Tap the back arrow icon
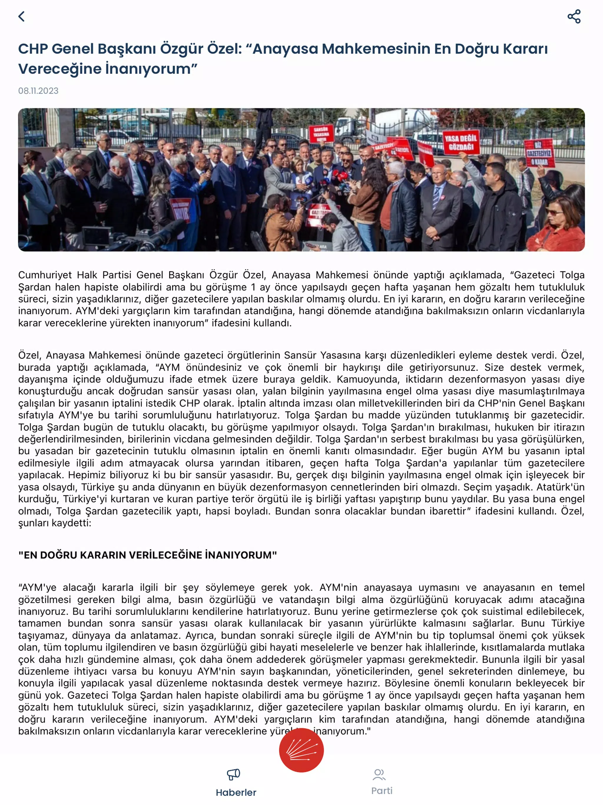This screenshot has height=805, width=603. pyautogui.click(x=21, y=17)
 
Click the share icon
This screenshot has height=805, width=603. pyautogui.click(x=574, y=17)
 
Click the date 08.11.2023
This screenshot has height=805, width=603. pyautogui.click(x=38, y=91)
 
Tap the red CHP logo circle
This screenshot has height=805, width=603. pyautogui.click(x=301, y=750)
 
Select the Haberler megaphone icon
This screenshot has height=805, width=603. pyautogui.click(x=233, y=774)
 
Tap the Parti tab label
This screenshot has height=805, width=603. pyautogui.click(x=382, y=791)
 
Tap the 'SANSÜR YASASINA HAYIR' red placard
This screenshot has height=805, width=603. pyautogui.click(x=321, y=134)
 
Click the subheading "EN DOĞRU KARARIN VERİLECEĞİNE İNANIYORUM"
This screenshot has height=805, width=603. pyautogui.click(x=148, y=555)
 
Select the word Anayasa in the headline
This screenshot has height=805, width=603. pyautogui.click(x=285, y=49)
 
